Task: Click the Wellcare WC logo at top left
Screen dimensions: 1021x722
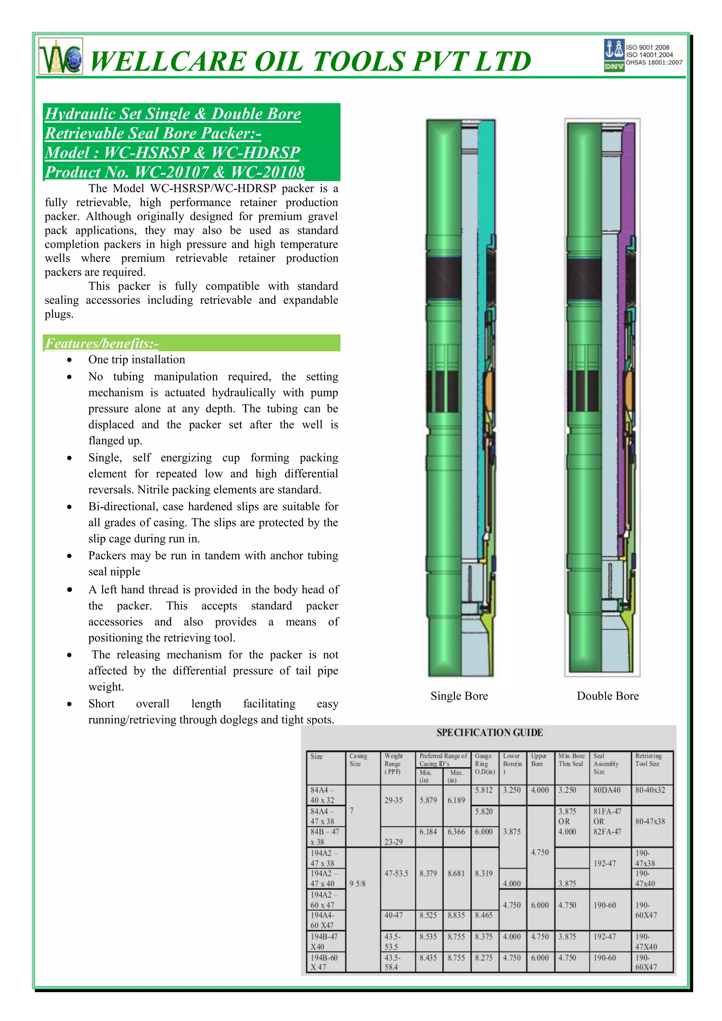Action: coord(61,56)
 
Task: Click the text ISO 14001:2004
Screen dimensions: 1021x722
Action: coord(649,55)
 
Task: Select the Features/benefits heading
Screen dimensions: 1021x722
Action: coord(102,343)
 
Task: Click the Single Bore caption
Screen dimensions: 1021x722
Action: coord(459,696)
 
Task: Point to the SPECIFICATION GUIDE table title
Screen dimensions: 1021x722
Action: coord(489,732)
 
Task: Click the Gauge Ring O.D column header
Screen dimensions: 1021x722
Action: coord(484,763)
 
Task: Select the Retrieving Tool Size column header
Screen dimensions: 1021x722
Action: coord(648,759)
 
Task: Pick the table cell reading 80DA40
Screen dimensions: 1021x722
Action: coord(606,790)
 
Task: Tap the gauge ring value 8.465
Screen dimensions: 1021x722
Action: coord(484,915)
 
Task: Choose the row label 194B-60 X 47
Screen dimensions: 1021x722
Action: coord(325,962)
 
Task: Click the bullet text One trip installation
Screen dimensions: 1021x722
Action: coord(136,360)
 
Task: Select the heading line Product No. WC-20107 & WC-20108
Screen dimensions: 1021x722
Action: coord(175,172)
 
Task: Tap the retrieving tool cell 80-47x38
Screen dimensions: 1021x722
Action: coord(650,821)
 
